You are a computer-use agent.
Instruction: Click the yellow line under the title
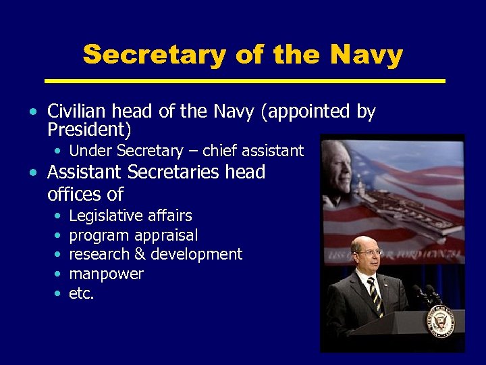[244, 81]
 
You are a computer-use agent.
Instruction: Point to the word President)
[89, 128]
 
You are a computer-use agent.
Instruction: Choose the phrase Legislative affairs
[130, 216]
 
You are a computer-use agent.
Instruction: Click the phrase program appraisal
[134, 235]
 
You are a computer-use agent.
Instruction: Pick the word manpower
[106, 274]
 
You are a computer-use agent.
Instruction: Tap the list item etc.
[82, 293]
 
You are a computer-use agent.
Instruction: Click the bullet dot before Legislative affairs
[56, 216]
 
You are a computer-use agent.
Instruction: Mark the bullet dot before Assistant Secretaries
[33, 173]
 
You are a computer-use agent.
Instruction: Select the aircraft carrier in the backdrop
[398, 203]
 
